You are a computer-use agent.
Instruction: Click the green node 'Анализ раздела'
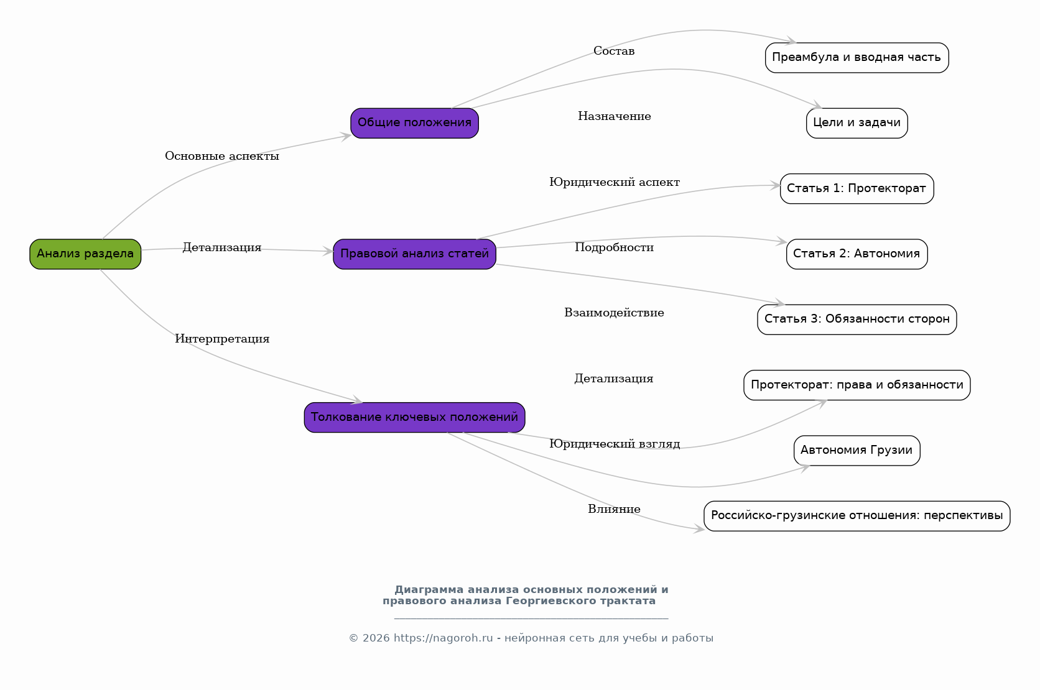click(x=85, y=254)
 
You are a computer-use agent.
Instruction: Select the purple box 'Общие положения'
click(x=415, y=123)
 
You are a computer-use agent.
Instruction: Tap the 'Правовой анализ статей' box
click(x=415, y=254)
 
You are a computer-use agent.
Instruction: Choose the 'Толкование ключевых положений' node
click(x=415, y=417)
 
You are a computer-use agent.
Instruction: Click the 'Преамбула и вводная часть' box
click(x=857, y=58)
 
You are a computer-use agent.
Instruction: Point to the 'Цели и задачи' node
click(x=857, y=123)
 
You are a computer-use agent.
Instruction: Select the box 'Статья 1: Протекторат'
click(x=857, y=188)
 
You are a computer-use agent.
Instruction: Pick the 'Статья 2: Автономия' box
click(x=857, y=254)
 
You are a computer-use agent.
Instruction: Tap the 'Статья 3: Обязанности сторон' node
click(x=857, y=320)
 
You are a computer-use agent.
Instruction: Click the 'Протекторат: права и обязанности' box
click(x=857, y=385)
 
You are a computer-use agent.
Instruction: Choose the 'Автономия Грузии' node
click(x=857, y=450)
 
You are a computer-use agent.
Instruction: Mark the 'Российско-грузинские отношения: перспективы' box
click(x=857, y=515)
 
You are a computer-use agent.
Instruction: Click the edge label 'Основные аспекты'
click(x=222, y=157)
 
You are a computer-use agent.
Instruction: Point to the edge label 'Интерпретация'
click(x=222, y=339)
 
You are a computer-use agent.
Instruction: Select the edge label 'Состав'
click(x=614, y=51)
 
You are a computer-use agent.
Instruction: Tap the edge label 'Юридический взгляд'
click(x=615, y=444)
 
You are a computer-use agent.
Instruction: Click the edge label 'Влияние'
click(x=614, y=509)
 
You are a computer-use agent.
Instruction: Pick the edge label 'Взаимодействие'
click(x=614, y=313)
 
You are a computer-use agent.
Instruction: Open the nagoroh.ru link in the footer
click(x=443, y=638)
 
